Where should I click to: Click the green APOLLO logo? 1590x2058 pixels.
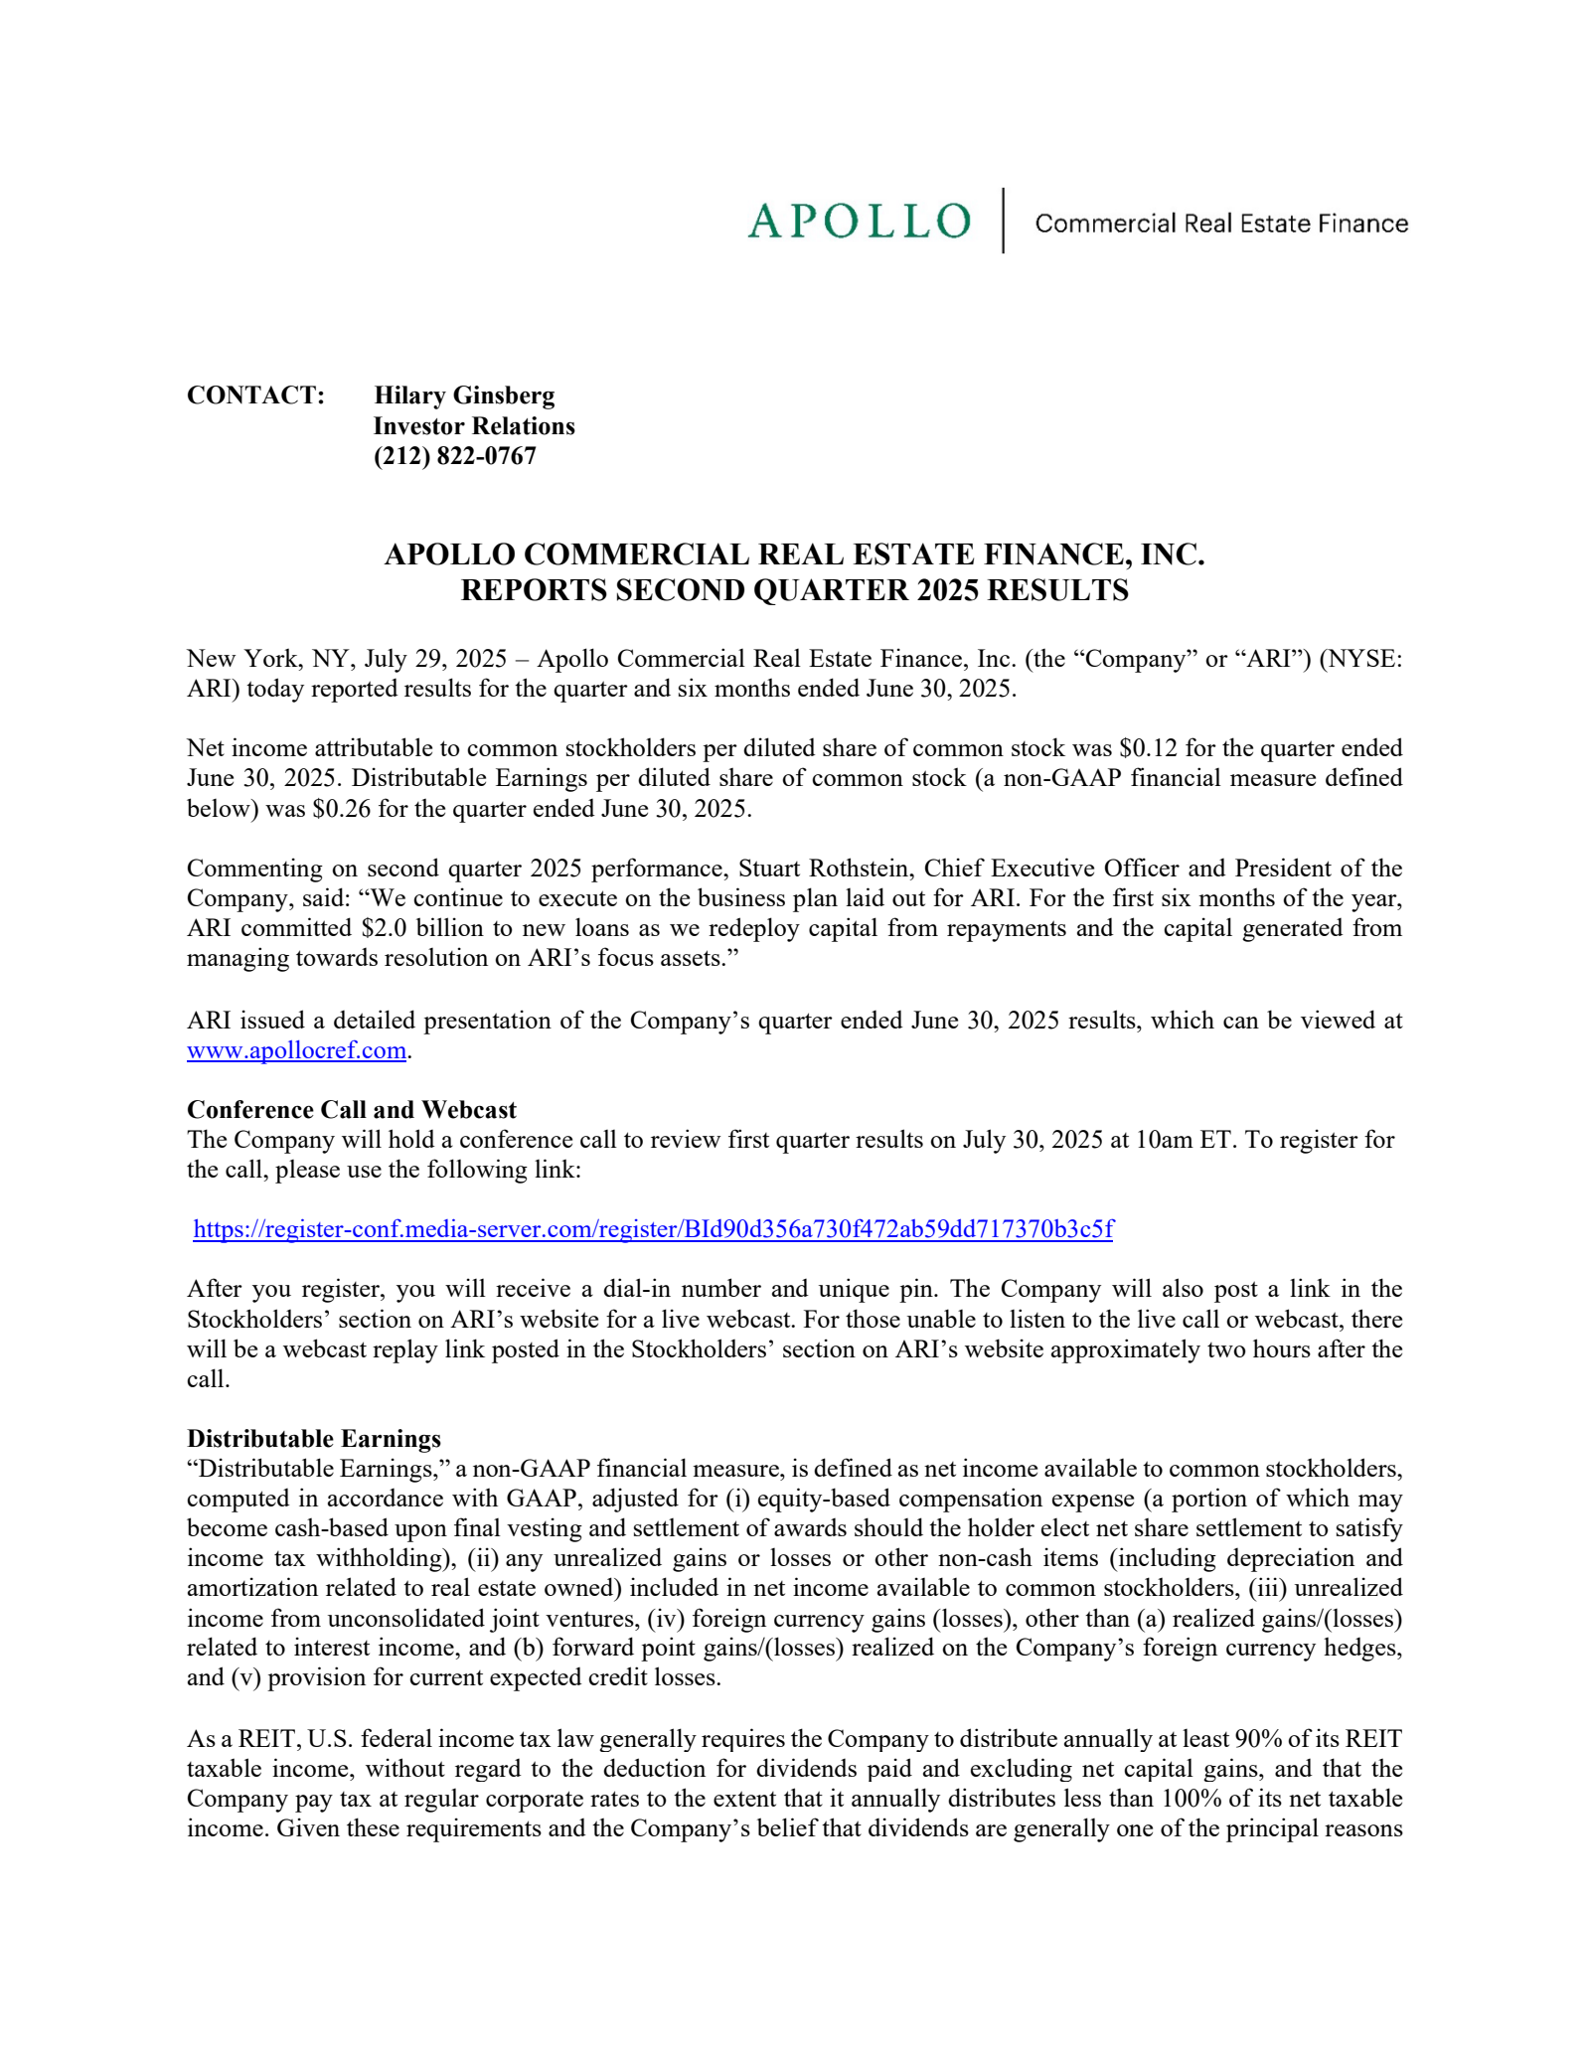859,221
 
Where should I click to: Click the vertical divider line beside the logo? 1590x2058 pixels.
1003,221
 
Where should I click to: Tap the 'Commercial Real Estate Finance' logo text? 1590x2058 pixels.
1220,224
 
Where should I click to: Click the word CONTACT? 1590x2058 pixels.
255,396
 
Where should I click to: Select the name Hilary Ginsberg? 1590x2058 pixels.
464,396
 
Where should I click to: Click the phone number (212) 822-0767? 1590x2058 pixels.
454,456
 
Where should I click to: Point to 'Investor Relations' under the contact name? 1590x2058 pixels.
474,426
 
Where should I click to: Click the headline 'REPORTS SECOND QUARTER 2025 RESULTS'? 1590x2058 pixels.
794,590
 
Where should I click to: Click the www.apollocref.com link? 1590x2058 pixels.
296,1050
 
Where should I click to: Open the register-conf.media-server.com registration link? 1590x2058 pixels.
653,1229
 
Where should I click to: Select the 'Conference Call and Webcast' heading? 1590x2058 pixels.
352,1110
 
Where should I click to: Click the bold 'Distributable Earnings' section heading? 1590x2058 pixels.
314,1439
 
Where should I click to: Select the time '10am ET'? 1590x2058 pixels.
1184,1140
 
